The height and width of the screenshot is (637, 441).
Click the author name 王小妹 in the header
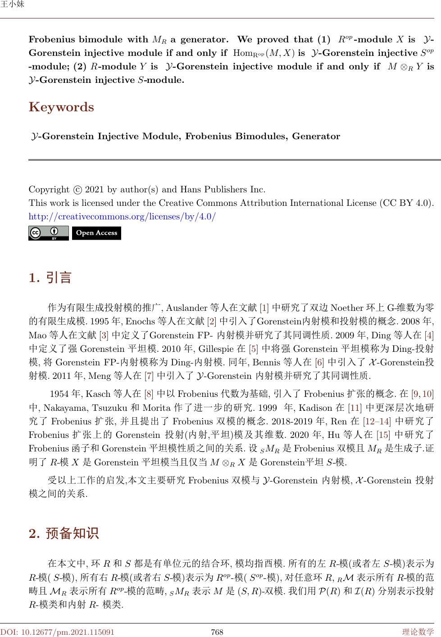(x=12, y=5)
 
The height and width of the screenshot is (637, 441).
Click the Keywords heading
(x=61, y=107)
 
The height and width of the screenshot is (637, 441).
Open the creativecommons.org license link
(x=122, y=217)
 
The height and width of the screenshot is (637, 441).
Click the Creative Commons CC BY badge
(x=48, y=233)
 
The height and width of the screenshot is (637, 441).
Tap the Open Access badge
(x=96, y=233)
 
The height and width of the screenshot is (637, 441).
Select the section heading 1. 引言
(x=50, y=278)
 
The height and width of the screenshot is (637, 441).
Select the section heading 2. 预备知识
(x=64, y=534)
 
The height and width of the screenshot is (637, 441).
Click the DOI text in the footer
(x=57, y=632)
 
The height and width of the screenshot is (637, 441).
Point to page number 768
(x=217, y=632)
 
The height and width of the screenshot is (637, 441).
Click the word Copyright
(x=49, y=190)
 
